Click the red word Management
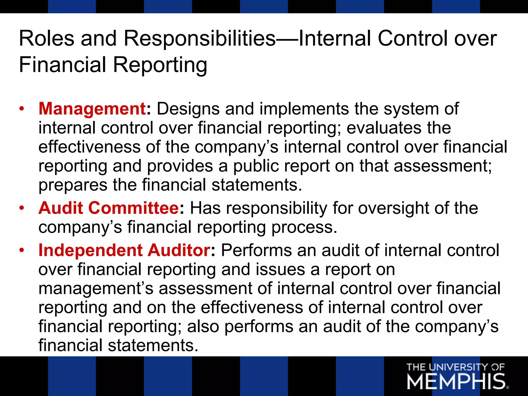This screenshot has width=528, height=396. (x=92, y=109)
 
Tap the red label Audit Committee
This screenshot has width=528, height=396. (x=109, y=208)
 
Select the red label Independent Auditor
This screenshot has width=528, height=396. (x=124, y=250)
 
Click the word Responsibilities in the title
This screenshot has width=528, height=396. (x=200, y=39)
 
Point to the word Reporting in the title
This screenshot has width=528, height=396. (x=160, y=65)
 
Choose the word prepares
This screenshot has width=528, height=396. (x=73, y=185)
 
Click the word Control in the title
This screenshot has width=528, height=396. (x=412, y=39)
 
